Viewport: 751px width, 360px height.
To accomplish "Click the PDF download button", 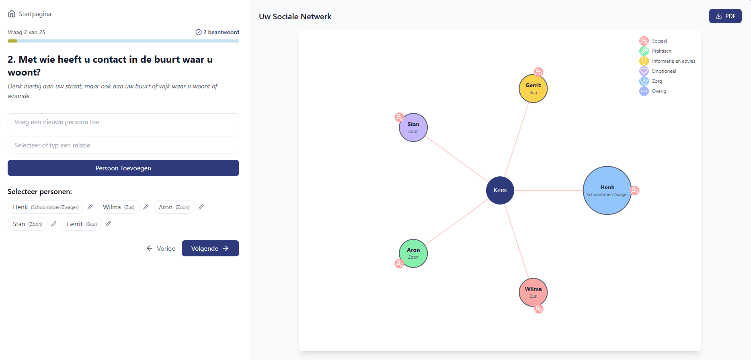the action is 725,16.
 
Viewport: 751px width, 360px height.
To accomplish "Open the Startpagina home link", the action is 30,14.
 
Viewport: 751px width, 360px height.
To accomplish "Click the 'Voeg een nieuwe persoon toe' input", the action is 123,122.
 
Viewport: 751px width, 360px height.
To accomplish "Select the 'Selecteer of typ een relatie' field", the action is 123,145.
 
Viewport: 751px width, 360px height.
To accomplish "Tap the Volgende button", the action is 210,248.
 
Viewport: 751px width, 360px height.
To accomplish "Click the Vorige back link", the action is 161,248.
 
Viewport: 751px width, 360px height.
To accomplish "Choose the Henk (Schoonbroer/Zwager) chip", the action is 46,207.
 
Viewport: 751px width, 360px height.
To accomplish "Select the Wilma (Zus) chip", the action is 119,207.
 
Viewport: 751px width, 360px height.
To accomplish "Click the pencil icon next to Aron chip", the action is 201,207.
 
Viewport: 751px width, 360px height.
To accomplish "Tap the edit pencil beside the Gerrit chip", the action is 108,224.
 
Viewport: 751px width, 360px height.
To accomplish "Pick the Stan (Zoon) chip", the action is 28,224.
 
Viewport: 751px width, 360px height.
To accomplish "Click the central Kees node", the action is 500,190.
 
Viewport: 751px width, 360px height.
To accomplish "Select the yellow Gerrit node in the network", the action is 533,88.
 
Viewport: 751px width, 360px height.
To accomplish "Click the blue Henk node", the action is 607,190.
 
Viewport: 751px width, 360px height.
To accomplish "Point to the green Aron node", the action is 413,254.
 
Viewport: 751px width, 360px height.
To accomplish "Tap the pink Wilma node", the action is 533,292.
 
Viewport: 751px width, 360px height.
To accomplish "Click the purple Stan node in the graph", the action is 413,127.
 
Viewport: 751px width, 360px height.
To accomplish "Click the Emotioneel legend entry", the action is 658,71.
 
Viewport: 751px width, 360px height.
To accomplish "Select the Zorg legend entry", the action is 651,81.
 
